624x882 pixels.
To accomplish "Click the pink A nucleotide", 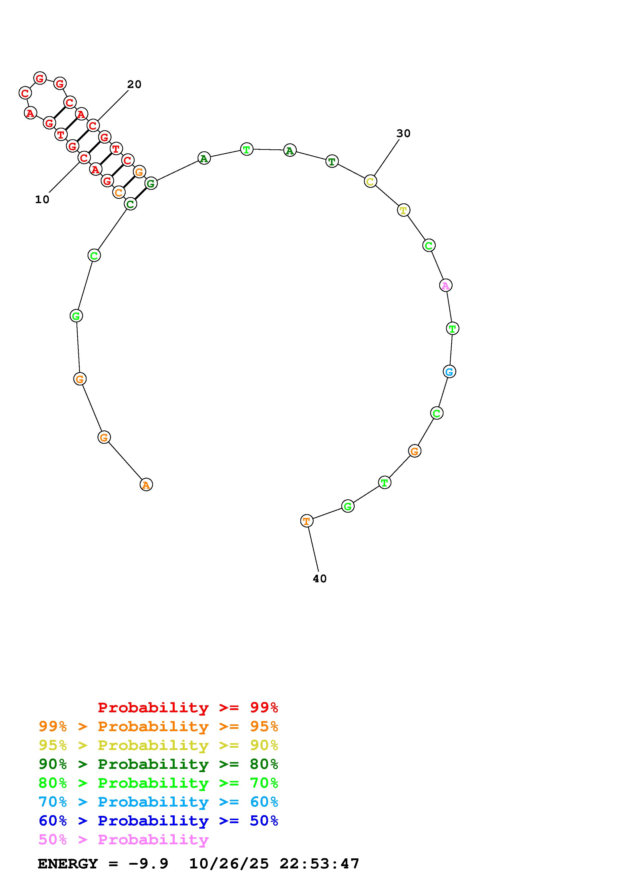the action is click(446, 285).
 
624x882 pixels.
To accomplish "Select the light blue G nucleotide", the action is click(450, 371).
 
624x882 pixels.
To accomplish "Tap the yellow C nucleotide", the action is click(370, 181).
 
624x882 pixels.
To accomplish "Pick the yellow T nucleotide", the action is click(403, 210).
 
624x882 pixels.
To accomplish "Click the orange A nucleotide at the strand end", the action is click(146, 485).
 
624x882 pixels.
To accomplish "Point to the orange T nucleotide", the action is click(306, 521).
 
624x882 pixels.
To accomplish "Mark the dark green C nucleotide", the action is click(130, 204).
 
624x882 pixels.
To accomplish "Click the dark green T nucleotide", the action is click(332, 161).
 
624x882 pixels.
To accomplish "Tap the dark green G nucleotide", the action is click(151, 184).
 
